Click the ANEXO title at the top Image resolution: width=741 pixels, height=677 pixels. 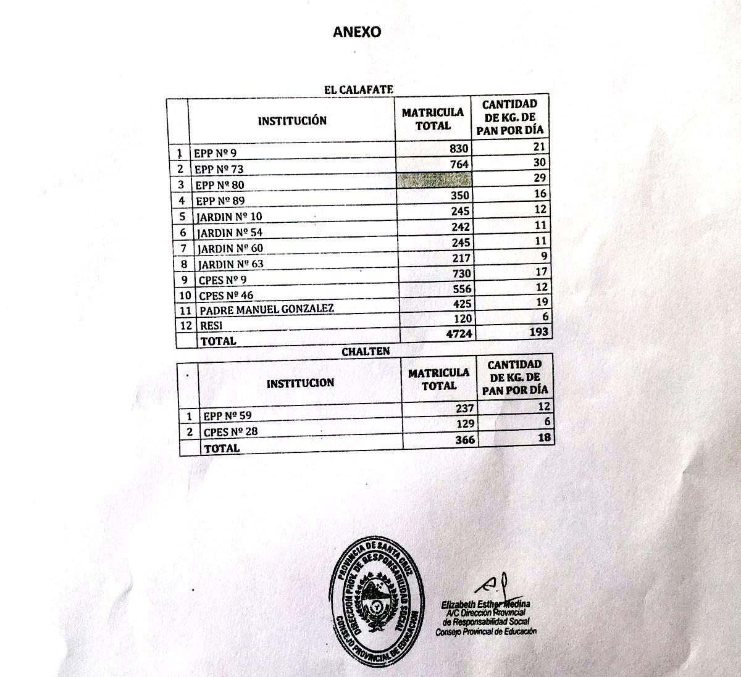coord(357,32)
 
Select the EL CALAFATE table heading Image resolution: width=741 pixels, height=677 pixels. coord(359,89)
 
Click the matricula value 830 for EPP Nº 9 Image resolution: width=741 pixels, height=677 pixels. coord(459,149)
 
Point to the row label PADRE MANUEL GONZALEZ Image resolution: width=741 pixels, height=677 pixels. coord(267,309)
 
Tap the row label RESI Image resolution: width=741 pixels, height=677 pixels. coord(211,325)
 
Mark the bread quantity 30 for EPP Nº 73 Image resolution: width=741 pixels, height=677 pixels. coord(540,162)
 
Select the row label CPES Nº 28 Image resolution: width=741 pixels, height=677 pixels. coord(230,431)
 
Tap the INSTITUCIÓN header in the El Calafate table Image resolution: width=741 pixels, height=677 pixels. coord(292,120)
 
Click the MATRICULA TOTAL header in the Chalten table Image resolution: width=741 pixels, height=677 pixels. coord(438,379)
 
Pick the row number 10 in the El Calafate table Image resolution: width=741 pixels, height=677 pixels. coord(184,295)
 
